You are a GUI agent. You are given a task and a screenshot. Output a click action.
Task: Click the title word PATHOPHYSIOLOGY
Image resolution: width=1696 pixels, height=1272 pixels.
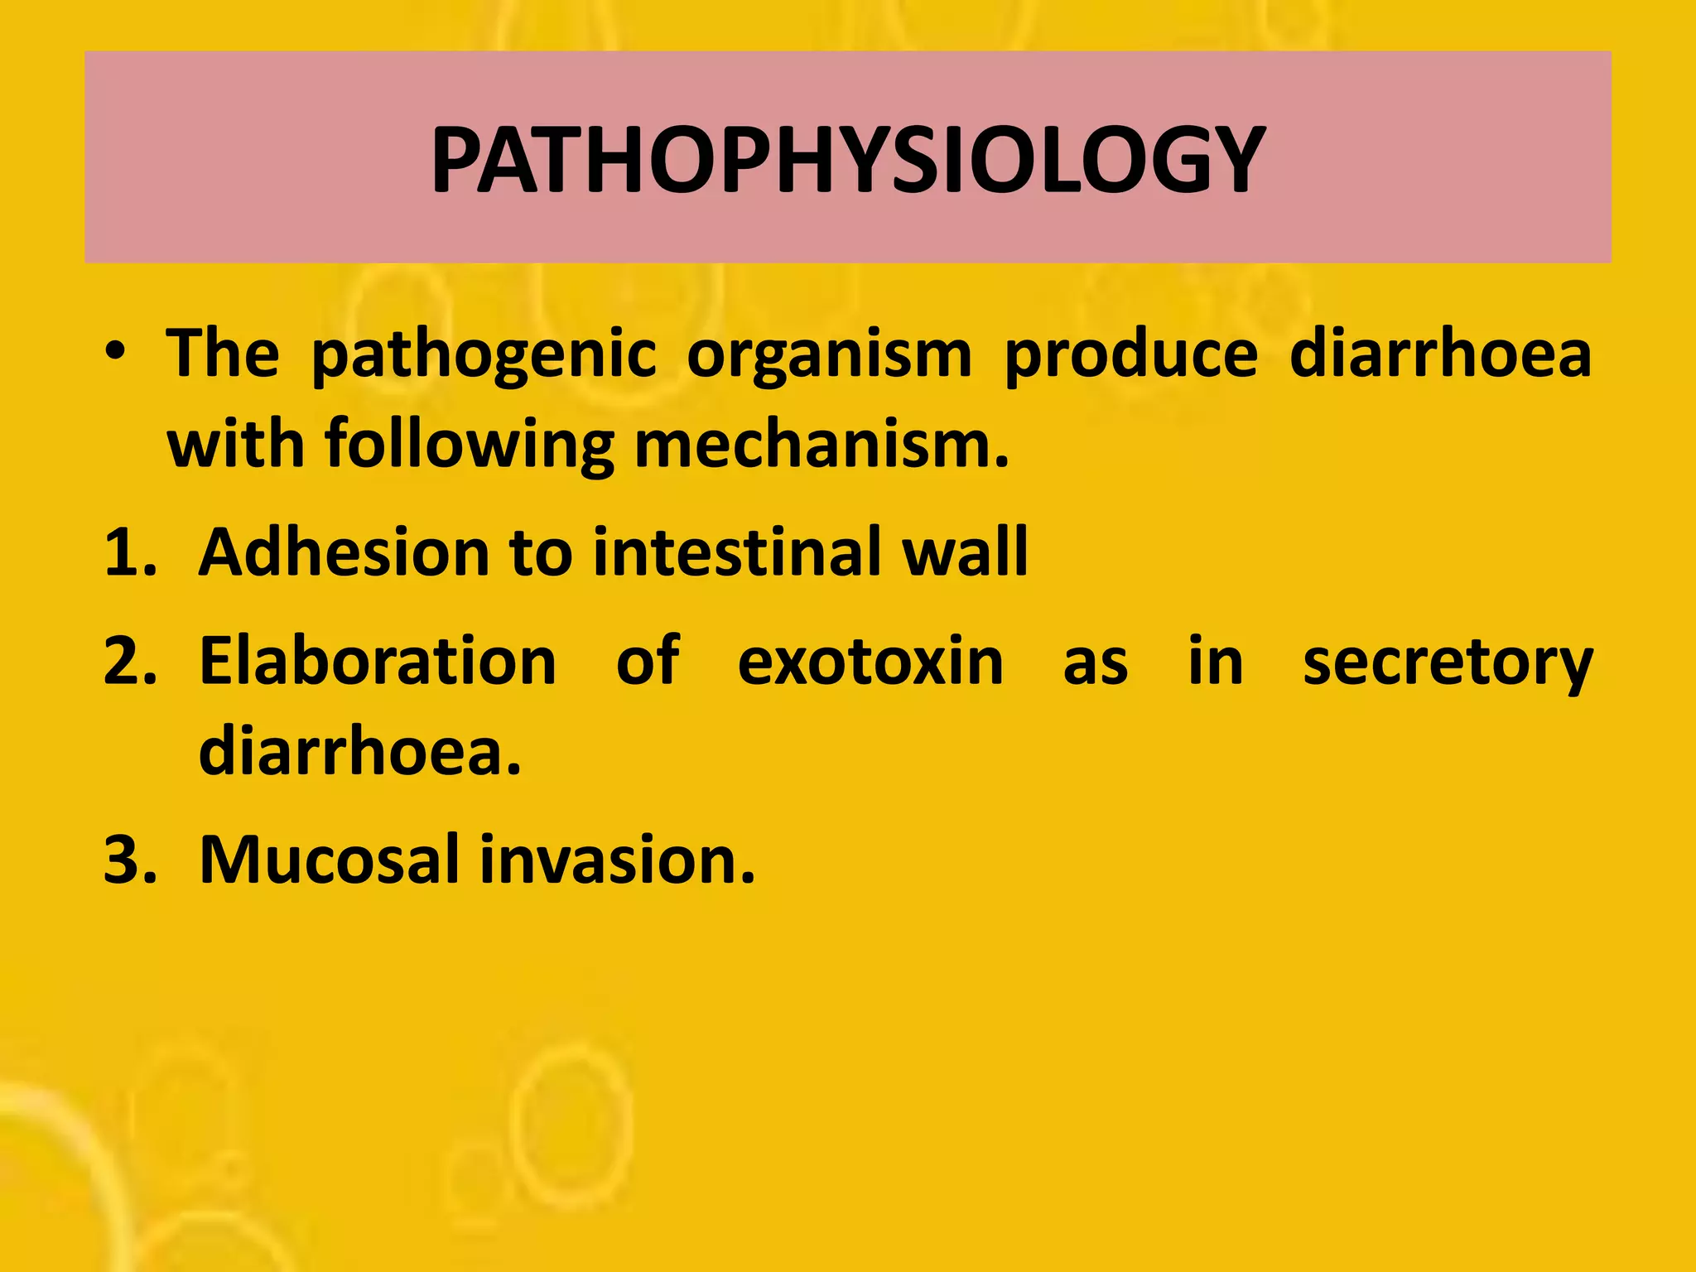[x=847, y=160]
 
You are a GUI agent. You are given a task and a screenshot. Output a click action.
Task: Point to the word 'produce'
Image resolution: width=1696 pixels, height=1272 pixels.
[x=1130, y=354]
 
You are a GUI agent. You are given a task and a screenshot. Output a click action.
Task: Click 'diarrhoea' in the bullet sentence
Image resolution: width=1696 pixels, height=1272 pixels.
[x=1440, y=354]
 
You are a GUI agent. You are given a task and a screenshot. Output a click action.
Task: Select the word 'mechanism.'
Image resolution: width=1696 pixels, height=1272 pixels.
[x=821, y=444]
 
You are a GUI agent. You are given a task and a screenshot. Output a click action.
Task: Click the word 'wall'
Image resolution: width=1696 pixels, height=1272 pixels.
[x=966, y=552]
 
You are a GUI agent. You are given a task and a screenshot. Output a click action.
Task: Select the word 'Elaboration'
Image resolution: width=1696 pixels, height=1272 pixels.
[x=378, y=662]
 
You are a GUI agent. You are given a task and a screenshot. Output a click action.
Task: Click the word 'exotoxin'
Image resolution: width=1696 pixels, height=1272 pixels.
[x=870, y=662]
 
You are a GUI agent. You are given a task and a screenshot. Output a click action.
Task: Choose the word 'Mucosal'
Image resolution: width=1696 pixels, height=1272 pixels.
[x=329, y=860]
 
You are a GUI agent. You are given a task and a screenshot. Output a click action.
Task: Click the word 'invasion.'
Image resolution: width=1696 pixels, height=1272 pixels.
[x=618, y=860]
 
